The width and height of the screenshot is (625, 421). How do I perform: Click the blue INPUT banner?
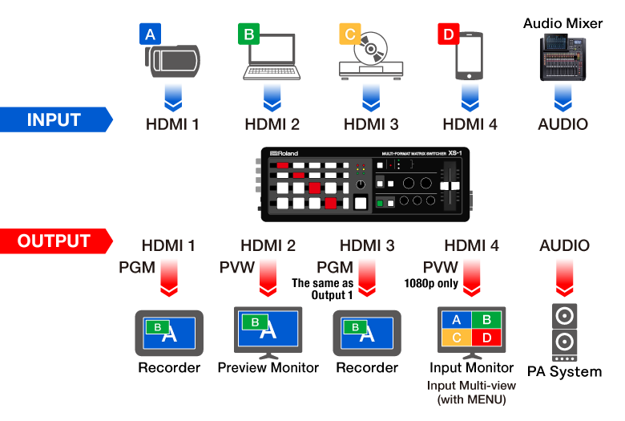coord(54,119)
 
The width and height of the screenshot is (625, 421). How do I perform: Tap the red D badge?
coord(447,34)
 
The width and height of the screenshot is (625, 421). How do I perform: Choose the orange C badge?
coord(349,34)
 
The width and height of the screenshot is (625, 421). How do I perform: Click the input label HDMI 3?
coord(370,124)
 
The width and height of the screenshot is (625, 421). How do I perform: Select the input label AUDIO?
coord(564,124)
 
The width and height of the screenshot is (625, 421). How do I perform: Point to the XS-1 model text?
coord(454,152)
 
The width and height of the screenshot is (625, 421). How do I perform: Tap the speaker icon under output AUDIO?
coord(564,333)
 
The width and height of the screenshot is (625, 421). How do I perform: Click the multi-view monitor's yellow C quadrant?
coord(457,338)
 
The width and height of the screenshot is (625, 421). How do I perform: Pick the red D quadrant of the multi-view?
coord(486,338)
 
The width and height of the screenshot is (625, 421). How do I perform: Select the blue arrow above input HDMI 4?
coord(470,95)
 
